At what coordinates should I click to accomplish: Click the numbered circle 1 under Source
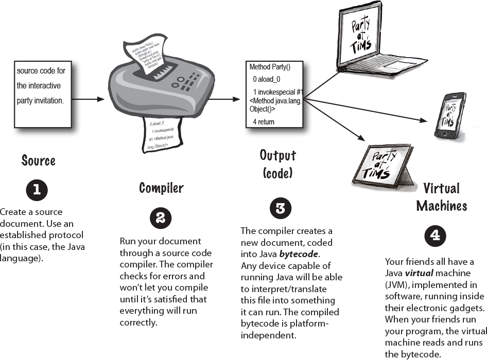tap(37, 190)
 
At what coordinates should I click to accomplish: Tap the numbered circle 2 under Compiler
tap(160, 219)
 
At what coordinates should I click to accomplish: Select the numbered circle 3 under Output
tap(281, 208)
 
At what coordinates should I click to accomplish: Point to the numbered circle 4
tap(435, 236)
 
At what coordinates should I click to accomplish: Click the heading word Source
tap(38, 160)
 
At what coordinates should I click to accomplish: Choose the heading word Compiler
tap(161, 188)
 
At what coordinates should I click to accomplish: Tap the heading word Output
tap(277, 155)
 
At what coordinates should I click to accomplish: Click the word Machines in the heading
tap(441, 206)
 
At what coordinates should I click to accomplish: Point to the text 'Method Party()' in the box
tap(270, 67)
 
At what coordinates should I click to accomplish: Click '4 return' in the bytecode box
tap(264, 122)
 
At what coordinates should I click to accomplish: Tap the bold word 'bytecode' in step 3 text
tap(299, 254)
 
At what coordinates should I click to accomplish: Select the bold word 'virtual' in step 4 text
tap(417, 274)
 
